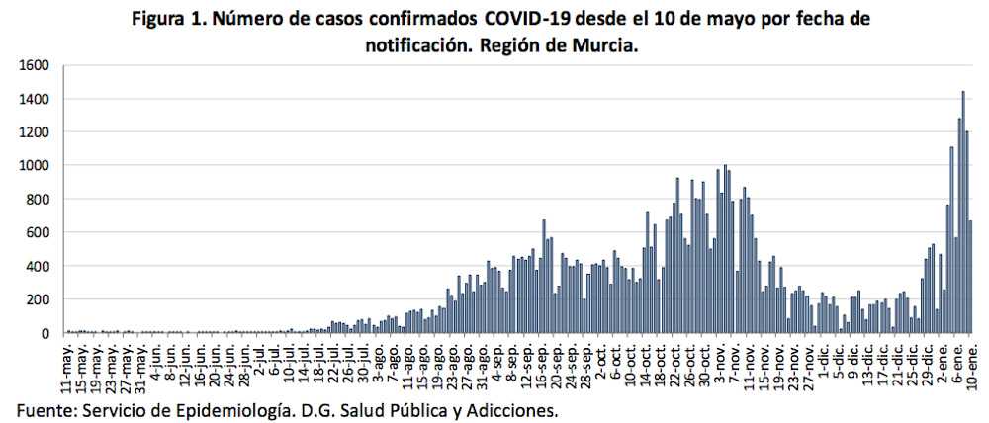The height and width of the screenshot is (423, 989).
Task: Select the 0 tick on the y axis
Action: pyautogui.click(x=44, y=333)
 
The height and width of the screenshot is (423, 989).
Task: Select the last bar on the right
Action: pyautogui.click(x=971, y=277)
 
